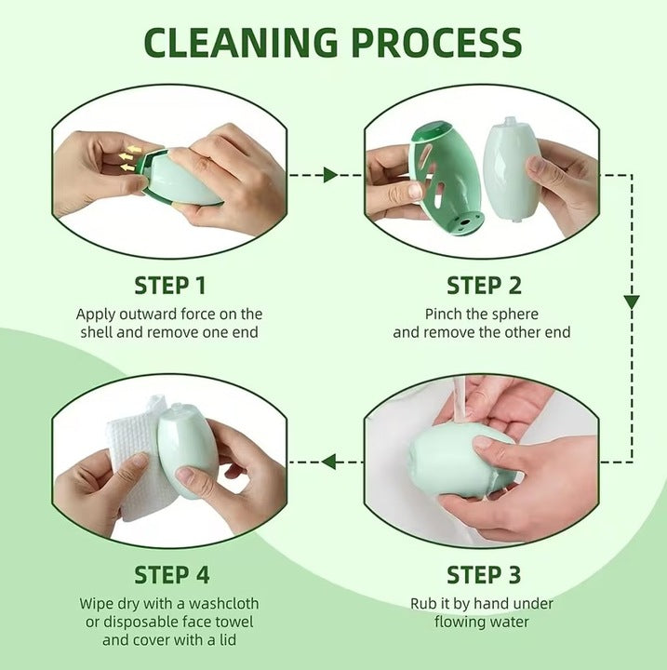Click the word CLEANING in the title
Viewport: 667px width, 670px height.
point(241,42)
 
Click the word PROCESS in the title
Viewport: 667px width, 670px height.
point(437,42)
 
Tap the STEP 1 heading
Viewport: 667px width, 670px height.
point(170,286)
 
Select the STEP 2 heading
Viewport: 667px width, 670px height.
point(484,286)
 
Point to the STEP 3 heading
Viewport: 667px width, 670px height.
point(484,575)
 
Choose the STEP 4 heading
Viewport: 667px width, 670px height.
point(172,575)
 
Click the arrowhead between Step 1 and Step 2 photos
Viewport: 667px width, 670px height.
point(331,175)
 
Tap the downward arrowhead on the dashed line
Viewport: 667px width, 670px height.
point(632,302)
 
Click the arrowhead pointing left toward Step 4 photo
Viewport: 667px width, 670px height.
point(328,462)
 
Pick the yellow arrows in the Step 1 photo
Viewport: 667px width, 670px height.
point(129,158)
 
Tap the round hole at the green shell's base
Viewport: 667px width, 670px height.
point(465,222)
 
